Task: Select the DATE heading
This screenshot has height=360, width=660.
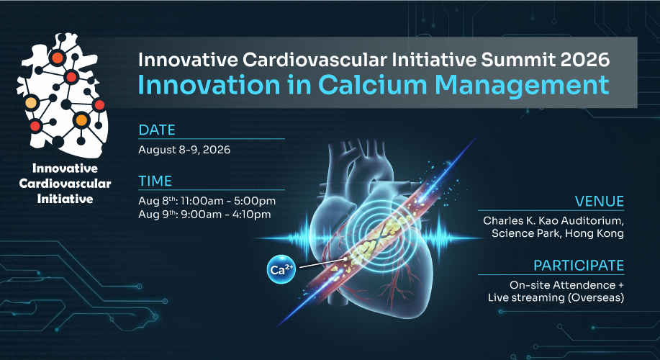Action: click(x=157, y=130)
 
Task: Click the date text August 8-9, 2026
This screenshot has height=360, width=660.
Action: click(x=184, y=150)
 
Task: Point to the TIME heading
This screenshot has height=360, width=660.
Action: click(x=155, y=181)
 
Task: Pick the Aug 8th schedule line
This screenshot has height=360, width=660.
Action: click(x=207, y=201)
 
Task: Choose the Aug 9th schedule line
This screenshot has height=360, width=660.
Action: click(x=204, y=215)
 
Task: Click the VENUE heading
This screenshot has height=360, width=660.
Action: click(x=600, y=202)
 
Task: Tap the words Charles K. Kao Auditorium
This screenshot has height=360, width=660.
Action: click(x=553, y=220)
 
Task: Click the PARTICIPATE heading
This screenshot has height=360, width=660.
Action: click(x=579, y=266)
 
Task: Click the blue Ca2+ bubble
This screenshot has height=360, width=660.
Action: click(x=281, y=269)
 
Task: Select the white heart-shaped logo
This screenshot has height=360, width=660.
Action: click(x=62, y=95)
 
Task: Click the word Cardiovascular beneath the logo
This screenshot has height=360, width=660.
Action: click(x=65, y=184)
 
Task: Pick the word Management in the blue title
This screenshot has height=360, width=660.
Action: click(x=522, y=85)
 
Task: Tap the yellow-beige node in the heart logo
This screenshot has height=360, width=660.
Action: click(x=31, y=102)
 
